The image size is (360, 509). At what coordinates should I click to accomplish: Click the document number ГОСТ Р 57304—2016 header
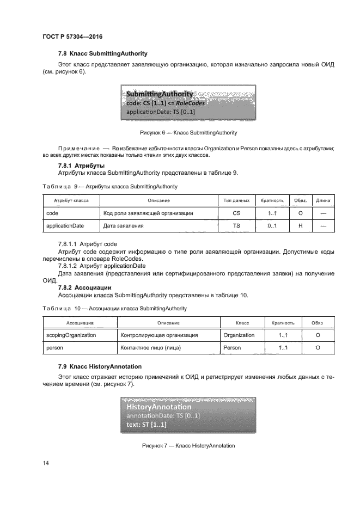[x=72, y=36]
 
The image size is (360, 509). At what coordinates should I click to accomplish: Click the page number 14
[x=46, y=463]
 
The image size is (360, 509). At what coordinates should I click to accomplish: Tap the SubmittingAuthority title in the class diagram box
[x=159, y=94]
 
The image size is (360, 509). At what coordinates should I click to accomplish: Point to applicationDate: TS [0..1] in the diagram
[x=161, y=112]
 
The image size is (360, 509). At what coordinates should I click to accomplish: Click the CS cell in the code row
[x=236, y=213]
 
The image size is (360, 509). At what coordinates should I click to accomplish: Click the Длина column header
[x=323, y=201]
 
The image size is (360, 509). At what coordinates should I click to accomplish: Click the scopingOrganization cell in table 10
[x=71, y=335]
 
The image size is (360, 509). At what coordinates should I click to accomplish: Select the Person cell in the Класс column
[x=231, y=347]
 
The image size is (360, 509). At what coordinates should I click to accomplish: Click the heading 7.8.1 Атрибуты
[x=81, y=165]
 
